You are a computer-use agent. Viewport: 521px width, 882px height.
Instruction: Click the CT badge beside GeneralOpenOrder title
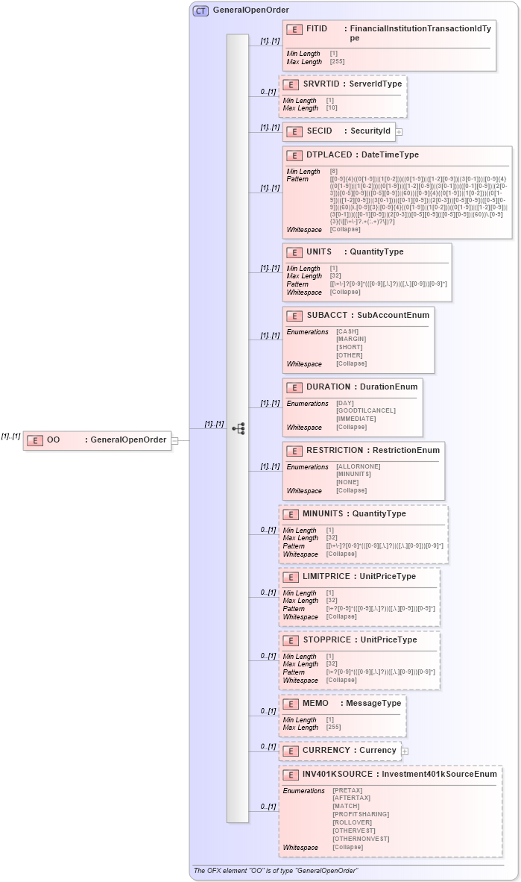(x=200, y=11)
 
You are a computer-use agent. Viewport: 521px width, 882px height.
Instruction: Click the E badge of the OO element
(x=34, y=440)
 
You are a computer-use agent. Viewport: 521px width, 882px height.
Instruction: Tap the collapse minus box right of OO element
(x=174, y=440)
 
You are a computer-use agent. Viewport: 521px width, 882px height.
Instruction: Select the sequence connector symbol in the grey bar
(x=239, y=428)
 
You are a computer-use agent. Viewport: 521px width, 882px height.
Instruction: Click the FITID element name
(x=317, y=28)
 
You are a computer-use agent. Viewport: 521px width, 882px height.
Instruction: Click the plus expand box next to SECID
(x=399, y=131)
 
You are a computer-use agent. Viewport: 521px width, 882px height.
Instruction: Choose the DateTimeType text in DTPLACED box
(x=390, y=155)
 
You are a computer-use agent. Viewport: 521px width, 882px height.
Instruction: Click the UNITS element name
(x=319, y=252)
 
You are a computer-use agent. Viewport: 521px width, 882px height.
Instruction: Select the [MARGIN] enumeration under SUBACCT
(x=351, y=340)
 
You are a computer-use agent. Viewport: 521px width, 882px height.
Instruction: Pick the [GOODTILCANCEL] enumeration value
(x=366, y=410)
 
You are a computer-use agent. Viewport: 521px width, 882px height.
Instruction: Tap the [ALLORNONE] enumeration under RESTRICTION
(x=358, y=466)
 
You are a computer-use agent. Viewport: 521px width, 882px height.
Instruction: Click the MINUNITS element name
(x=323, y=513)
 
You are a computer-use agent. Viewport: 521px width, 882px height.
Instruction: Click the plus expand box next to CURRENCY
(x=405, y=751)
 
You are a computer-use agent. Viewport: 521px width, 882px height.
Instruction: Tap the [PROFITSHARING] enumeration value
(x=361, y=814)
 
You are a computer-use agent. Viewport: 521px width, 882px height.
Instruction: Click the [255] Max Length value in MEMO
(x=333, y=728)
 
